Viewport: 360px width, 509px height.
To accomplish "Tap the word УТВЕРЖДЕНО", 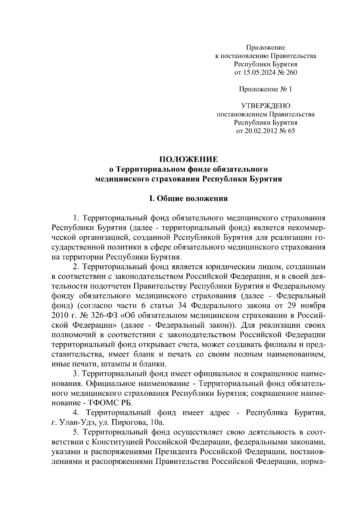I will point(266,106).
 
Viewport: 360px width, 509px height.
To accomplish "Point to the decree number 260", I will point(291,72).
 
